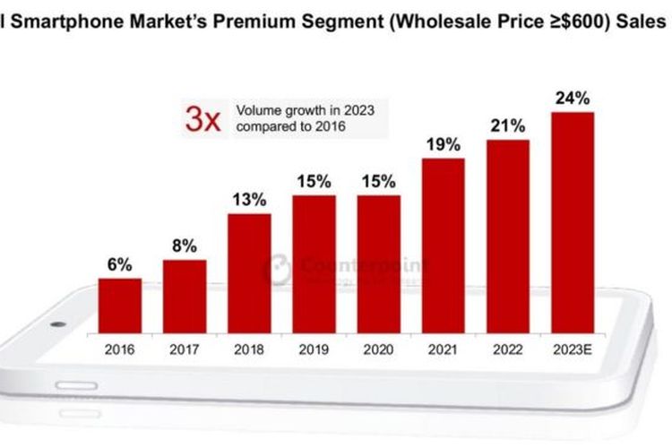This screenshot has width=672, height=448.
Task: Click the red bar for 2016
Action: [x=119, y=305]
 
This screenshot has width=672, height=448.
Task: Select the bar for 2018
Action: [x=249, y=272]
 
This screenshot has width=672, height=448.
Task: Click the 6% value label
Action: [x=119, y=264]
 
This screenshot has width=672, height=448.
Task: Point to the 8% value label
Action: [x=185, y=246]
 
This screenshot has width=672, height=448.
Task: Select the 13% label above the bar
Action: [x=249, y=199]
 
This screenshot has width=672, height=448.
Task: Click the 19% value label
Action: [x=443, y=144]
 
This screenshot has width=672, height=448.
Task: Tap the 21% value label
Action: [x=508, y=125]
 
